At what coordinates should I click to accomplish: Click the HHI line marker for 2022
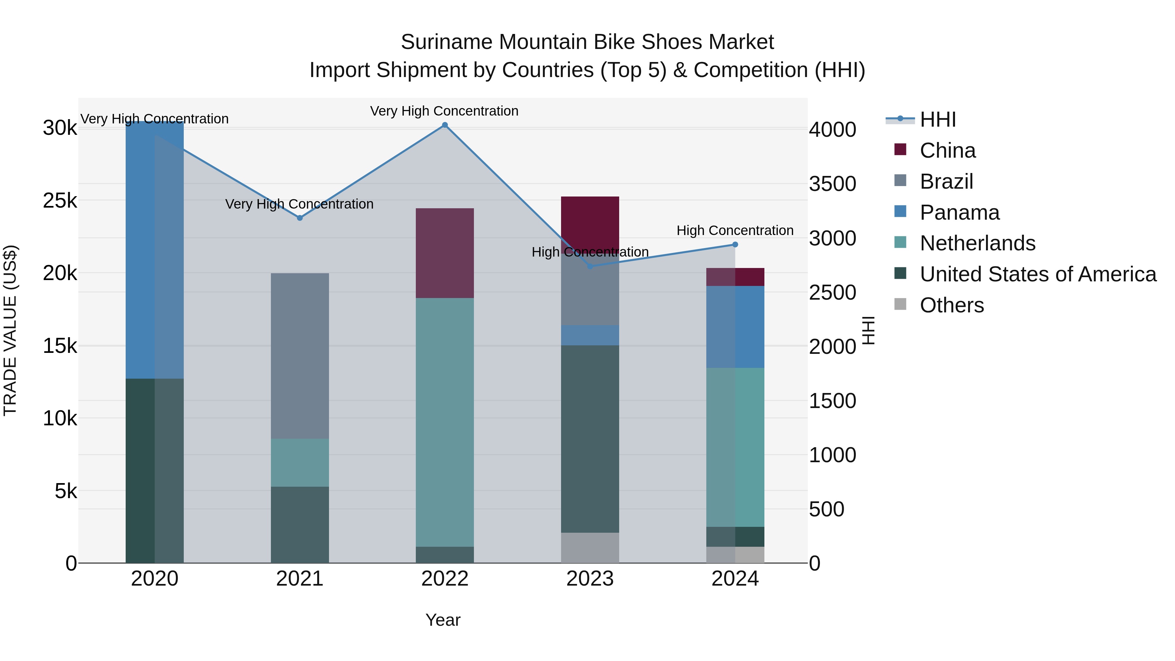445,125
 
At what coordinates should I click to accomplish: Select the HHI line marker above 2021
300,218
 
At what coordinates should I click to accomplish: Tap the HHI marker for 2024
735,245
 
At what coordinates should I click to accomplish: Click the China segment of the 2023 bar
590,219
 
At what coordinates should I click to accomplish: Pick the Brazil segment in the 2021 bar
300,356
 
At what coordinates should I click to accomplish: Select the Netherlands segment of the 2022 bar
445,422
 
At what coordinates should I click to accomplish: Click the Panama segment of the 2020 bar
155,250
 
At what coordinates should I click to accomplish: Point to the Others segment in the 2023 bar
590,547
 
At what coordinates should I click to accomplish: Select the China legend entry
948,150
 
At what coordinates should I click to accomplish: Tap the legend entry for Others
951,305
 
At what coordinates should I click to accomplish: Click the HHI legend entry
937,119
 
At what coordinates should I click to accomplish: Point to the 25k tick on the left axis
60,201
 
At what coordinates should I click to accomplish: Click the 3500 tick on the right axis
832,184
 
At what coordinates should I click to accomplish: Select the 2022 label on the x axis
445,579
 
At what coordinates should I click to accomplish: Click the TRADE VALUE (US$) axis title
10,330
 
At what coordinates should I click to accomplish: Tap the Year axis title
443,620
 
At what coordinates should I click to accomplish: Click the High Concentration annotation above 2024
735,230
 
